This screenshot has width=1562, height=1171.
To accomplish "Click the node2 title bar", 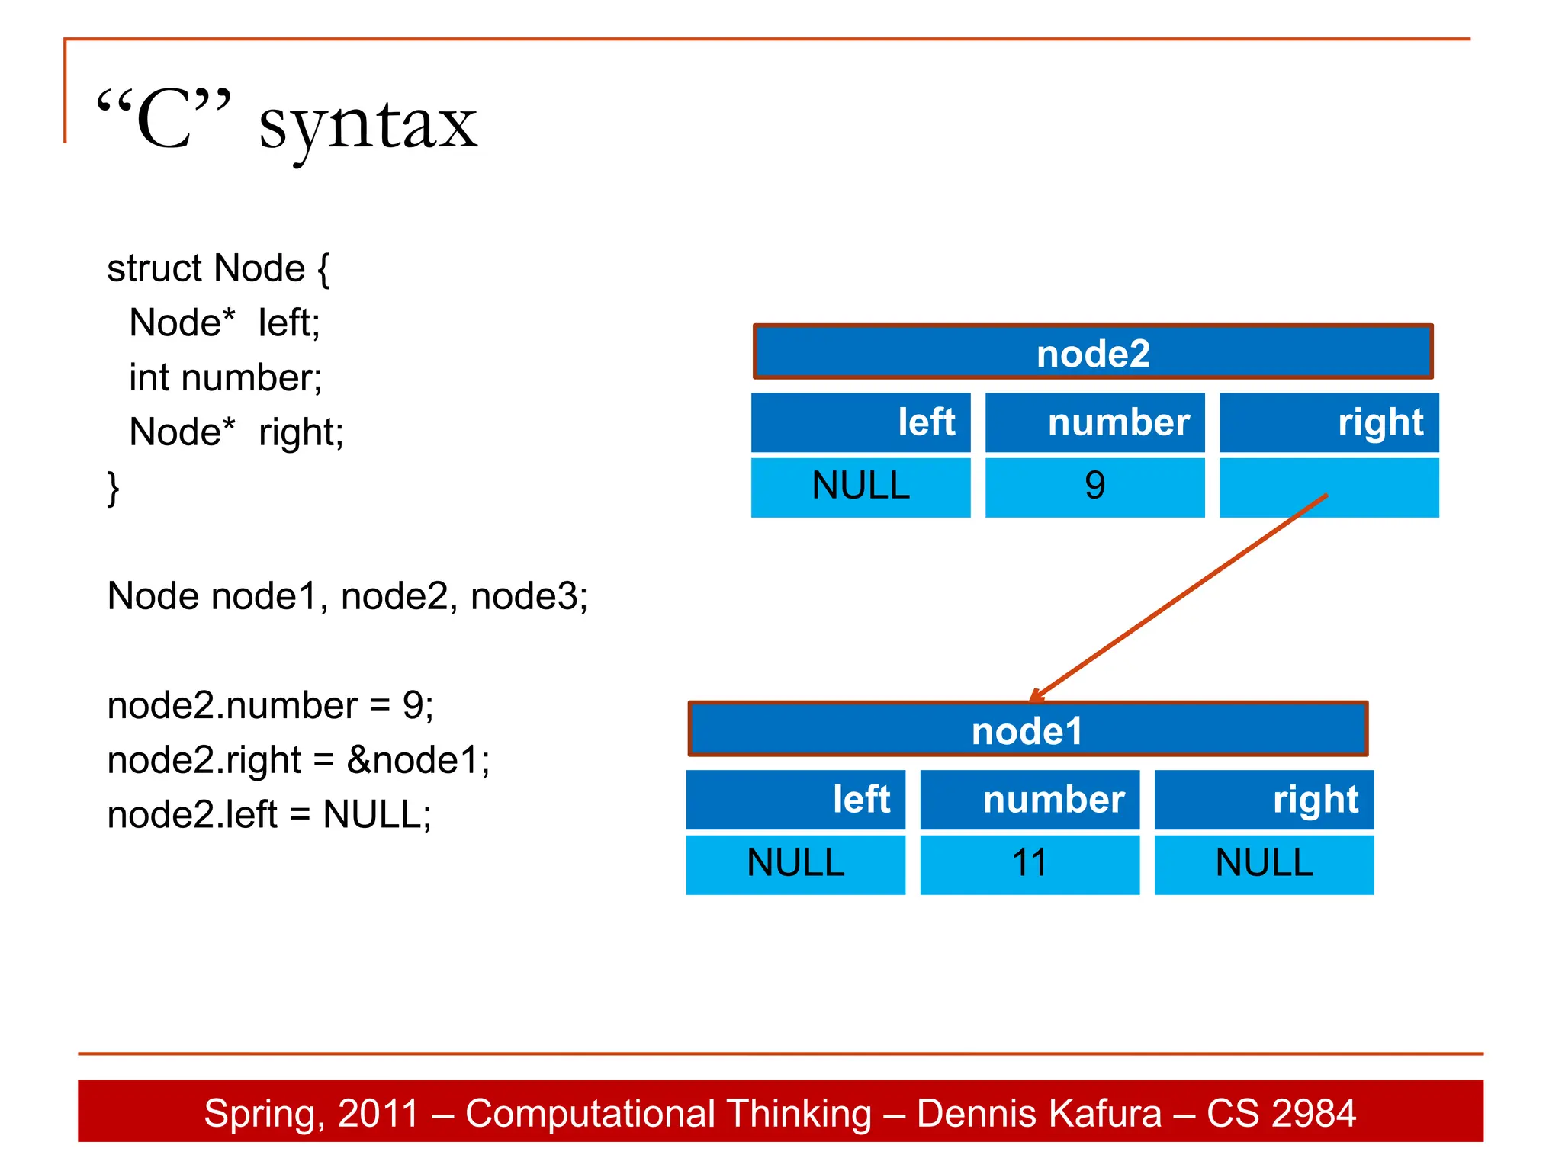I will [1092, 352].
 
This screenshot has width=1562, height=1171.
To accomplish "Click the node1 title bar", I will [1027, 730].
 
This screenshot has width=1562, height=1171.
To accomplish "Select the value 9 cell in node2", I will [1094, 486].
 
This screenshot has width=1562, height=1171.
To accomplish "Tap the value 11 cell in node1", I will [1029, 864].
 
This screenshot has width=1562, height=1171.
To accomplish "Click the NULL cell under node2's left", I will [860, 486].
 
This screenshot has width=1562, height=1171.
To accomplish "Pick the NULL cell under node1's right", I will [1264, 864].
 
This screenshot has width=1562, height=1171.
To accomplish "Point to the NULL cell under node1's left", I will [795, 864].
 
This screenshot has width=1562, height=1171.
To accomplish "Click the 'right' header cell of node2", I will [1329, 422].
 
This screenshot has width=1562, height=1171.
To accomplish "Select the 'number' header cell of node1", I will [1030, 800].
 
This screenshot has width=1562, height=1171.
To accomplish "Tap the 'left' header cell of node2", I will [860, 422].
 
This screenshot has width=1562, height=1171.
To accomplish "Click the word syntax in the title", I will [368, 126].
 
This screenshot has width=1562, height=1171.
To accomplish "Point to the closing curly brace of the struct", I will [113, 488].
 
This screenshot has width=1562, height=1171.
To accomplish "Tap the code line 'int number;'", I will [226, 378].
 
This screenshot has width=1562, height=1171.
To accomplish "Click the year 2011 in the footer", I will [378, 1113].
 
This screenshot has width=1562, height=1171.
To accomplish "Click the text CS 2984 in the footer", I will [1281, 1113].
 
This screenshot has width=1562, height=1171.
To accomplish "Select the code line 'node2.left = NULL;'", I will [269, 815].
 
